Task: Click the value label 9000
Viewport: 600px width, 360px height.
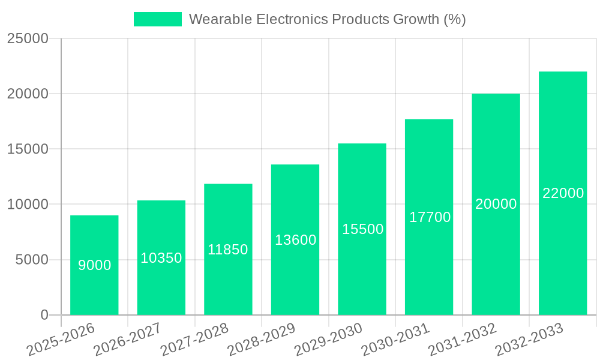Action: (x=95, y=265)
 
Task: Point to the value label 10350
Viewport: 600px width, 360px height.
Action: (x=161, y=258)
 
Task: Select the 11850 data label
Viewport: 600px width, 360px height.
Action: (x=228, y=250)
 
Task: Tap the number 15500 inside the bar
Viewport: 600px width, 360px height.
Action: (x=362, y=229)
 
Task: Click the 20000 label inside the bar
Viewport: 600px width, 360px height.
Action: (x=496, y=204)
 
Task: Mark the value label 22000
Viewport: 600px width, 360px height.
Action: (x=563, y=193)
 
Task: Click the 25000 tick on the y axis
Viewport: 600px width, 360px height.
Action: (x=28, y=38)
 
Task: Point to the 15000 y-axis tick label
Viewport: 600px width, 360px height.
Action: (x=28, y=149)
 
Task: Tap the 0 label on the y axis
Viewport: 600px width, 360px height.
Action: (x=44, y=315)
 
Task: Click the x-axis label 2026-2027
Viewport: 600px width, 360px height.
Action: (x=127, y=339)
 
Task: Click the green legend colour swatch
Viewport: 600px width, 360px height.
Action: (x=157, y=19)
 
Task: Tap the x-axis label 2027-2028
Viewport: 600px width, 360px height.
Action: (x=194, y=339)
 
